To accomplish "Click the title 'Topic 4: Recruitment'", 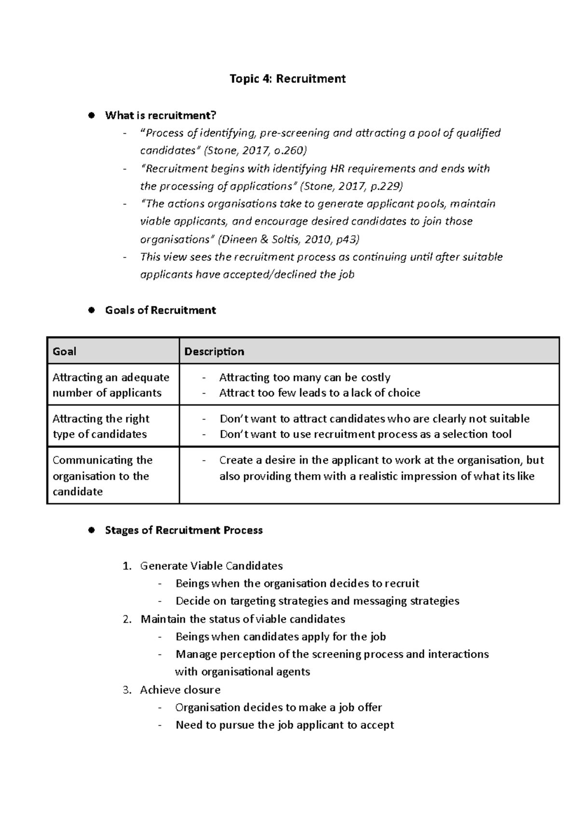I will click(288, 79).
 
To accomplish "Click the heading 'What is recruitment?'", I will click(161, 115).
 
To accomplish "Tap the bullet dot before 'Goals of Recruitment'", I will click(90, 310).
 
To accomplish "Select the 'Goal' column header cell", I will click(113, 351).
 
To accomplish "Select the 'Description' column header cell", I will click(369, 351).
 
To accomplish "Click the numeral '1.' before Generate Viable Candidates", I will click(127, 566).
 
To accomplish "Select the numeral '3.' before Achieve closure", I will click(127, 690).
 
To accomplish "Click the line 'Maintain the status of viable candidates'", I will click(243, 619).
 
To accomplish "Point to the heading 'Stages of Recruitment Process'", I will click(184, 530).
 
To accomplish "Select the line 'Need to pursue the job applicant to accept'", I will click(285, 725).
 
